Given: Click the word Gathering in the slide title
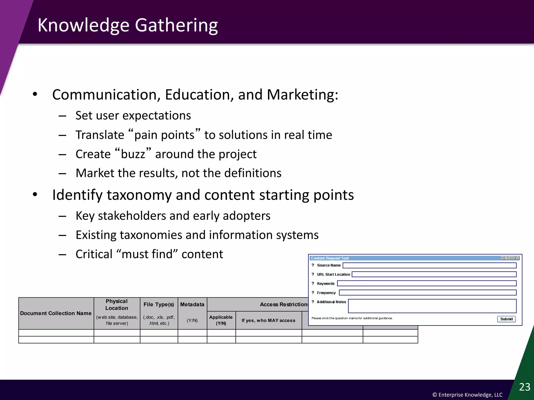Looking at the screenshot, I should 176,25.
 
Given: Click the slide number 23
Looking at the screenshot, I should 525,387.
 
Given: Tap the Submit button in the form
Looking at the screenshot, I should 506,319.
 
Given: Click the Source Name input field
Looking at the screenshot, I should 429,265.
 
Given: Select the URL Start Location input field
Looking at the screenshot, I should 434,274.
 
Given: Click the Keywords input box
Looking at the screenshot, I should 427,284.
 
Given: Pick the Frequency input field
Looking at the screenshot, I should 428,293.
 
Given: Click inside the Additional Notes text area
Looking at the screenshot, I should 432,306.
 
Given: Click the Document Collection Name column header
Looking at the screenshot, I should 56,313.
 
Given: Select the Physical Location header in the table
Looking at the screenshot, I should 117,305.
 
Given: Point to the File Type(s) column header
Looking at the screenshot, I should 159,304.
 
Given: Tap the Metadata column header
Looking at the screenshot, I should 192,304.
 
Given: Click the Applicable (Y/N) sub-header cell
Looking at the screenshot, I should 221,320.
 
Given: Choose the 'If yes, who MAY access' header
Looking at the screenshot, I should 268,320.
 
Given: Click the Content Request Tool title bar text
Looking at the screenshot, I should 330,258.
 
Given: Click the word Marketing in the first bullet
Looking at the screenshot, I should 302,95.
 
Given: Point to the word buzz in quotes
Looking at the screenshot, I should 133,154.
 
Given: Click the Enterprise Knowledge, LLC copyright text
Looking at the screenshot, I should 467,395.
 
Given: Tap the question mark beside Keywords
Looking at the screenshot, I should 313,283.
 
